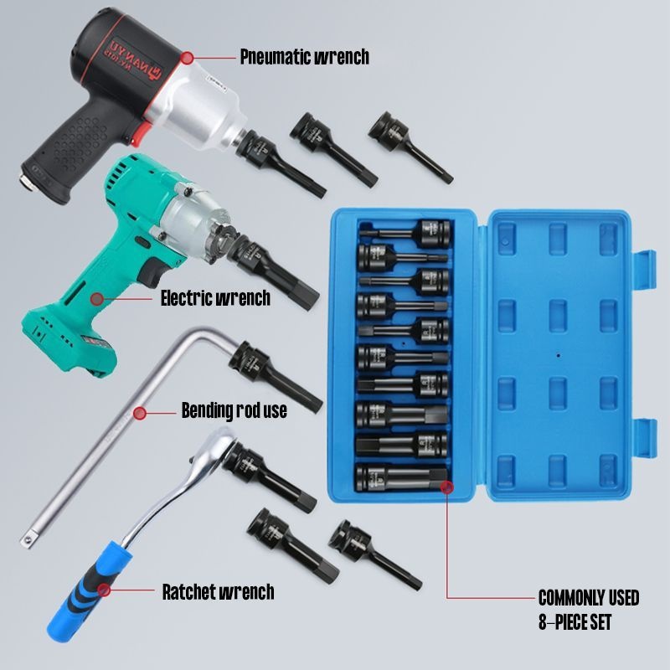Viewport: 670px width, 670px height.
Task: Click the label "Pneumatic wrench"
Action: [304, 57]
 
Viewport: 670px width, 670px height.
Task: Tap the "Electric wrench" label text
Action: [215, 297]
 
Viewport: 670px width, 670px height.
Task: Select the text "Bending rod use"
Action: [234, 410]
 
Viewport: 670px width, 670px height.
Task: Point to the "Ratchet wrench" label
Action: [218, 591]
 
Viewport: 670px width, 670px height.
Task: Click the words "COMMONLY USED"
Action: [588, 598]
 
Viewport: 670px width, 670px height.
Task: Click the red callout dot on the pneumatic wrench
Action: [187, 58]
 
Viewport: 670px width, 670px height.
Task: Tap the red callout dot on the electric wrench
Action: [97, 297]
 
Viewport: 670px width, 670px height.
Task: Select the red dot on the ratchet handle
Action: [105, 591]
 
